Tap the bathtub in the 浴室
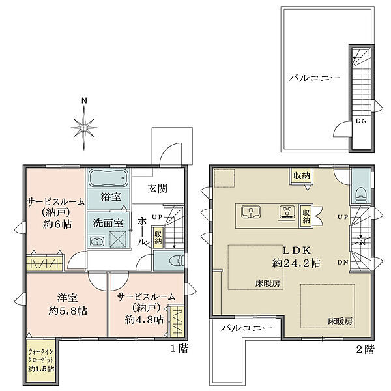coord(108,178)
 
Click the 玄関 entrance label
coord(157,189)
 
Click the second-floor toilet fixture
coord(360,191)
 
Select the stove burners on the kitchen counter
coord(287,211)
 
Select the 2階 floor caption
coord(366,350)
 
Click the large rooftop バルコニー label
coord(314,78)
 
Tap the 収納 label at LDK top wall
coord(301,175)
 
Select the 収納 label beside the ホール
coord(158,235)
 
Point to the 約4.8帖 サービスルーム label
coord(142,308)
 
